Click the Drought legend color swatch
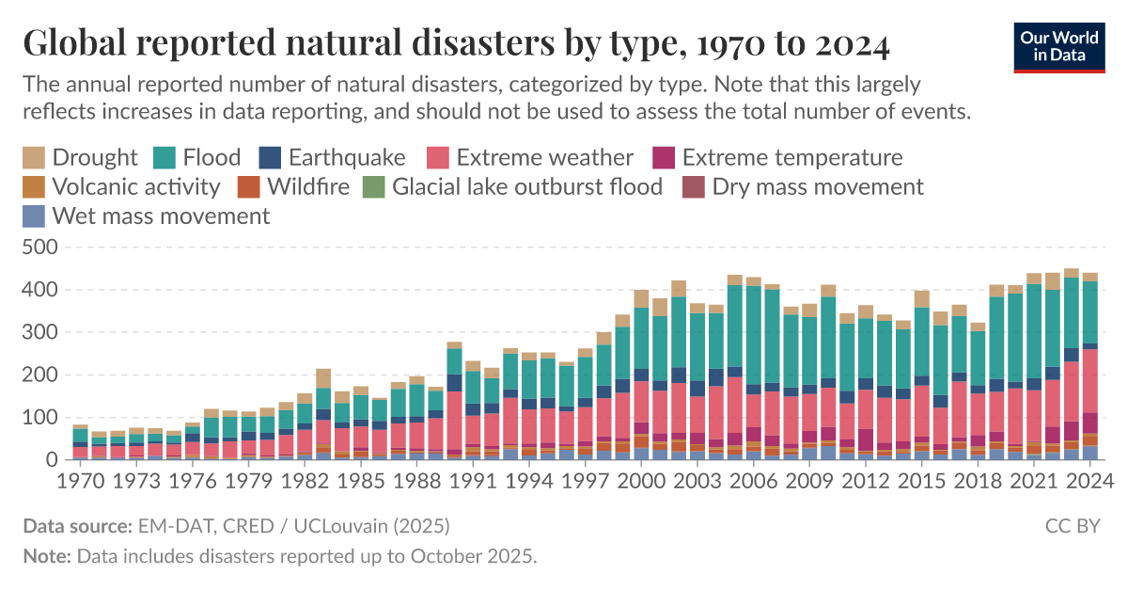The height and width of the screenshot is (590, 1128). pos(34,157)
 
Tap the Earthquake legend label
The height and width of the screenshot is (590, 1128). pos(347,157)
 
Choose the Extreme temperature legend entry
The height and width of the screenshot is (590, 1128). pos(791,157)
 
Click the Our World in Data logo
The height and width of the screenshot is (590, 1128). pos(1057,45)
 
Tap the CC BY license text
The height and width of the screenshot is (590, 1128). pos(1073,525)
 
